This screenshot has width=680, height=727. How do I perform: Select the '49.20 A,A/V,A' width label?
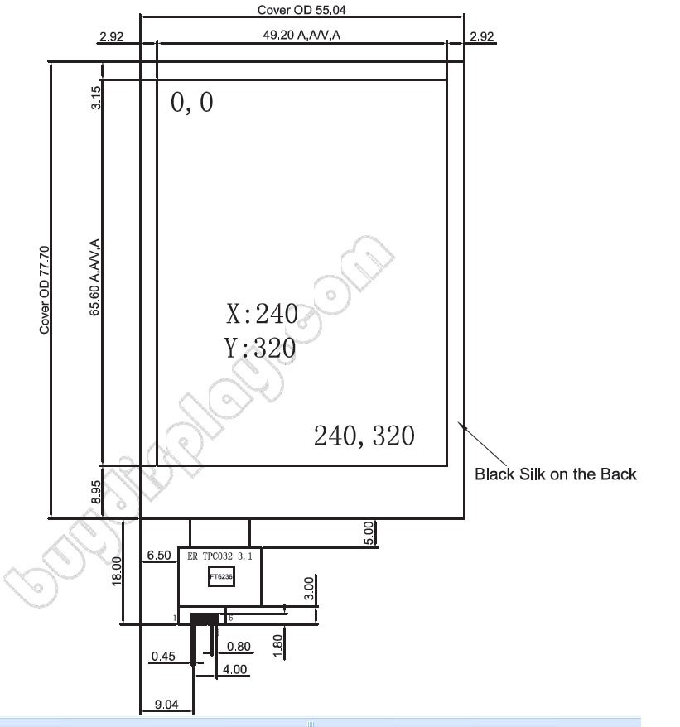pyautogui.click(x=301, y=36)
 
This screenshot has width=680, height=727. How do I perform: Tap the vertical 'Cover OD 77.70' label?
pyautogui.click(x=46, y=289)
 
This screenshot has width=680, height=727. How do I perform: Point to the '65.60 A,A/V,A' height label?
pyautogui.click(x=95, y=277)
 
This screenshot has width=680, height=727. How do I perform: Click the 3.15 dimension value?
pyautogui.click(x=95, y=99)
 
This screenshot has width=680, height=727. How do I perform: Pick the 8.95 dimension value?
pyautogui.click(x=96, y=492)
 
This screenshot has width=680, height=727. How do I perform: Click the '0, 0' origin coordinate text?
pyautogui.click(x=191, y=103)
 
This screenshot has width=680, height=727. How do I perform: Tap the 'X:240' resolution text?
pyautogui.click(x=262, y=314)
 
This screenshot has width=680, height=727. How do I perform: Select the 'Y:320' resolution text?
pyautogui.click(x=260, y=348)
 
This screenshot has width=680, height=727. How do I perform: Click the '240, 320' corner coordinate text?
pyautogui.click(x=364, y=436)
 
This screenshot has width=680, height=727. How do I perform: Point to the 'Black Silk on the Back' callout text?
pyautogui.click(x=555, y=474)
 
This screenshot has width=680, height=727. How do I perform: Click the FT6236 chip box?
pyautogui.click(x=220, y=576)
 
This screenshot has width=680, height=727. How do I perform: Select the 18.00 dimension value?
pyautogui.click(x=117, y=571)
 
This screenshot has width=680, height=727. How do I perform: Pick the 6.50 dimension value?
pyautogui.click(x=158, y=555)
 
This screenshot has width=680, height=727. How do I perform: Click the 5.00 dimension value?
pyautogui.click(x=369, y=532)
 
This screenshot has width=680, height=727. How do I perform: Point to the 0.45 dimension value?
pyautogui.click(x=163, y=657)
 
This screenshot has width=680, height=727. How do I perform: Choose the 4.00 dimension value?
pyautogui.click(x=234, y=669)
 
